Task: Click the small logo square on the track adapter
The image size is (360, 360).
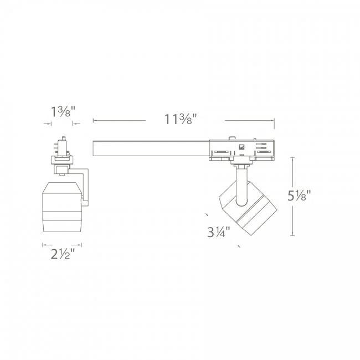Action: point(241,147)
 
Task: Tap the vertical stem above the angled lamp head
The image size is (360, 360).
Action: point(241,183)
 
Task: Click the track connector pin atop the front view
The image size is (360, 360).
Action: point(62,145)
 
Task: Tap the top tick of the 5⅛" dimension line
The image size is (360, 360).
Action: point(292,157)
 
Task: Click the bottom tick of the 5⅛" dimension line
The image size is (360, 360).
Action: point(292,234)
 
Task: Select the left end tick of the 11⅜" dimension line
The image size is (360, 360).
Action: point(93,119)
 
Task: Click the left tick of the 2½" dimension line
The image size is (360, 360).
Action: point(43,244)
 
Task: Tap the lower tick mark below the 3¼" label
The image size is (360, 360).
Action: point(239,245)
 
